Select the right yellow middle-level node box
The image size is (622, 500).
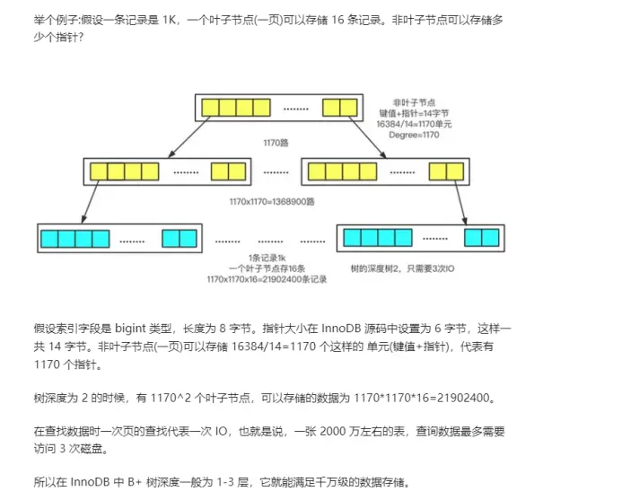[x=384, y=171]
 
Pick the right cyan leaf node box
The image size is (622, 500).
[x=419, y=238]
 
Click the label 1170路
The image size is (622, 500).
[x=275, y=143]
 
